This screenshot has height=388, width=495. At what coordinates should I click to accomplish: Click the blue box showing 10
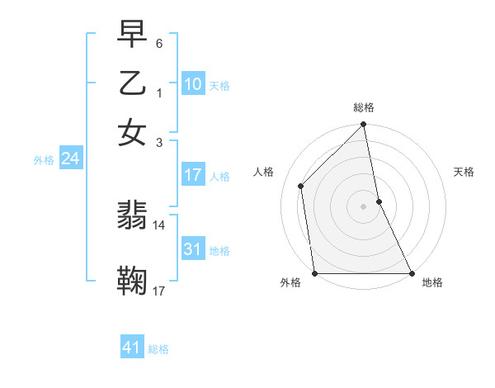[x=192, y=83]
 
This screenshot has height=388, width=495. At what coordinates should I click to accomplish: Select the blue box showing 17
[x=192, y=175]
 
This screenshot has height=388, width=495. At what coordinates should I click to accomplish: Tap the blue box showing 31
[x=192, y=249]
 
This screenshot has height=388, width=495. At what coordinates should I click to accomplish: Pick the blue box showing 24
[x=70, y=159]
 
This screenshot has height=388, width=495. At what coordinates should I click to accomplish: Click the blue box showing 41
[x=132, y=348]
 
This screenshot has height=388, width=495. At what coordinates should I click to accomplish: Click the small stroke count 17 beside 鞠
[x=159, y=291]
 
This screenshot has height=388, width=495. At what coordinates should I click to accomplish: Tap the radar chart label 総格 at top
[x=364, y=107]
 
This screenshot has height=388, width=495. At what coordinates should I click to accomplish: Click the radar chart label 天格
[x=464, y=172]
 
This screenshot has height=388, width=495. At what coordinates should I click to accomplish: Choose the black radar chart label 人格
[x=264, y=172]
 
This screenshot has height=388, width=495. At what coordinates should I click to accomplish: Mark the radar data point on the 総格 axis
[x=364, y=125]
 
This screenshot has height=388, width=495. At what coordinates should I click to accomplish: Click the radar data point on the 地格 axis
[x=412, y=273]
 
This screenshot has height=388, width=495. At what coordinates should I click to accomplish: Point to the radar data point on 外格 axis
[x=315, y=273]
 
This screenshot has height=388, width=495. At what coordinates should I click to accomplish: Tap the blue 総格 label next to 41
[x=158, y=349]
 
